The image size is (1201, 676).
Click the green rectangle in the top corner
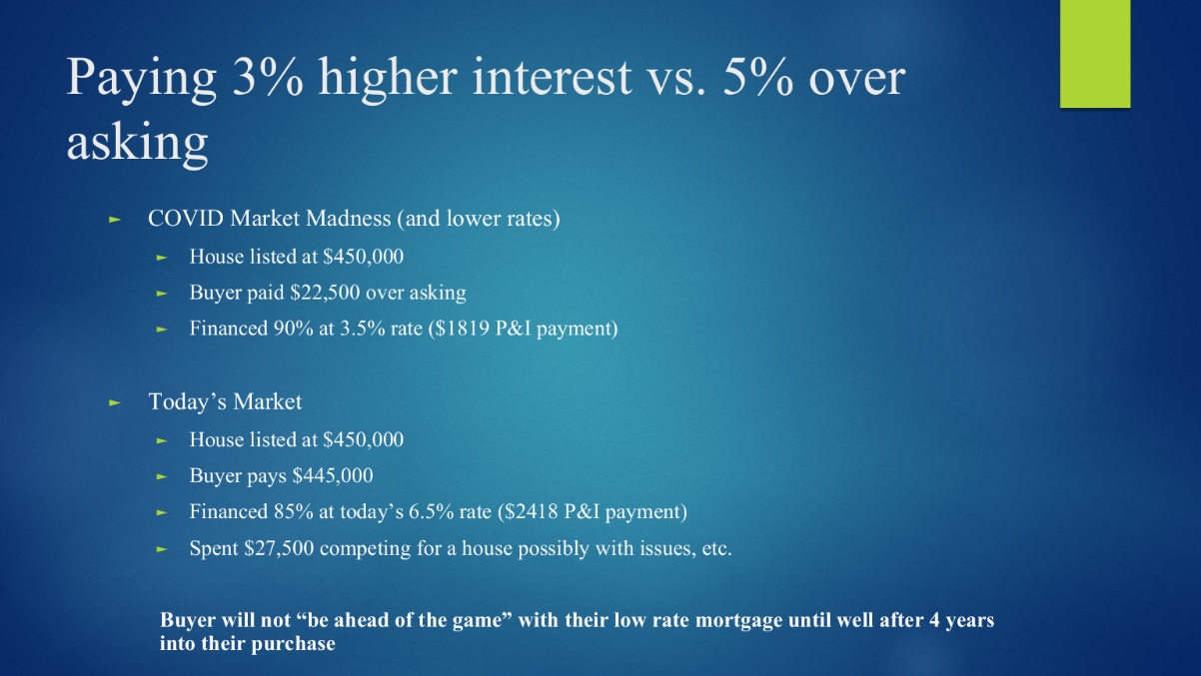(x=1095, y=54)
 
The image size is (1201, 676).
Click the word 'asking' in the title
(x=137, y=144)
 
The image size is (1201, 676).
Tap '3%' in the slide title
(x=268, y=78)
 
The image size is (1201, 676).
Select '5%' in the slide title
(x=758, y=78)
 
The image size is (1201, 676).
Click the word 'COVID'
(x=186, y=219)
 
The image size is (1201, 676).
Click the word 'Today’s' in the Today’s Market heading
(x=187, y=401)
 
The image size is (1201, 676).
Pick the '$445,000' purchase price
(x=333, y=475)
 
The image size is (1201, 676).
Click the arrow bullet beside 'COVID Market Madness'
(x=114, y=219)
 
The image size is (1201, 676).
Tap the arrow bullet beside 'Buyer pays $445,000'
(x=162, y=476)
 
